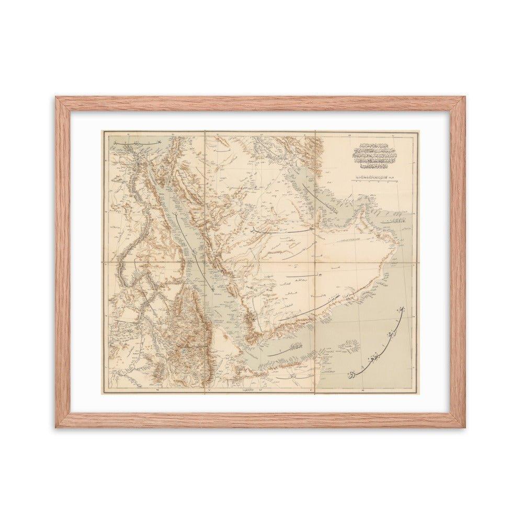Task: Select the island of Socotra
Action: (348, 345)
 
